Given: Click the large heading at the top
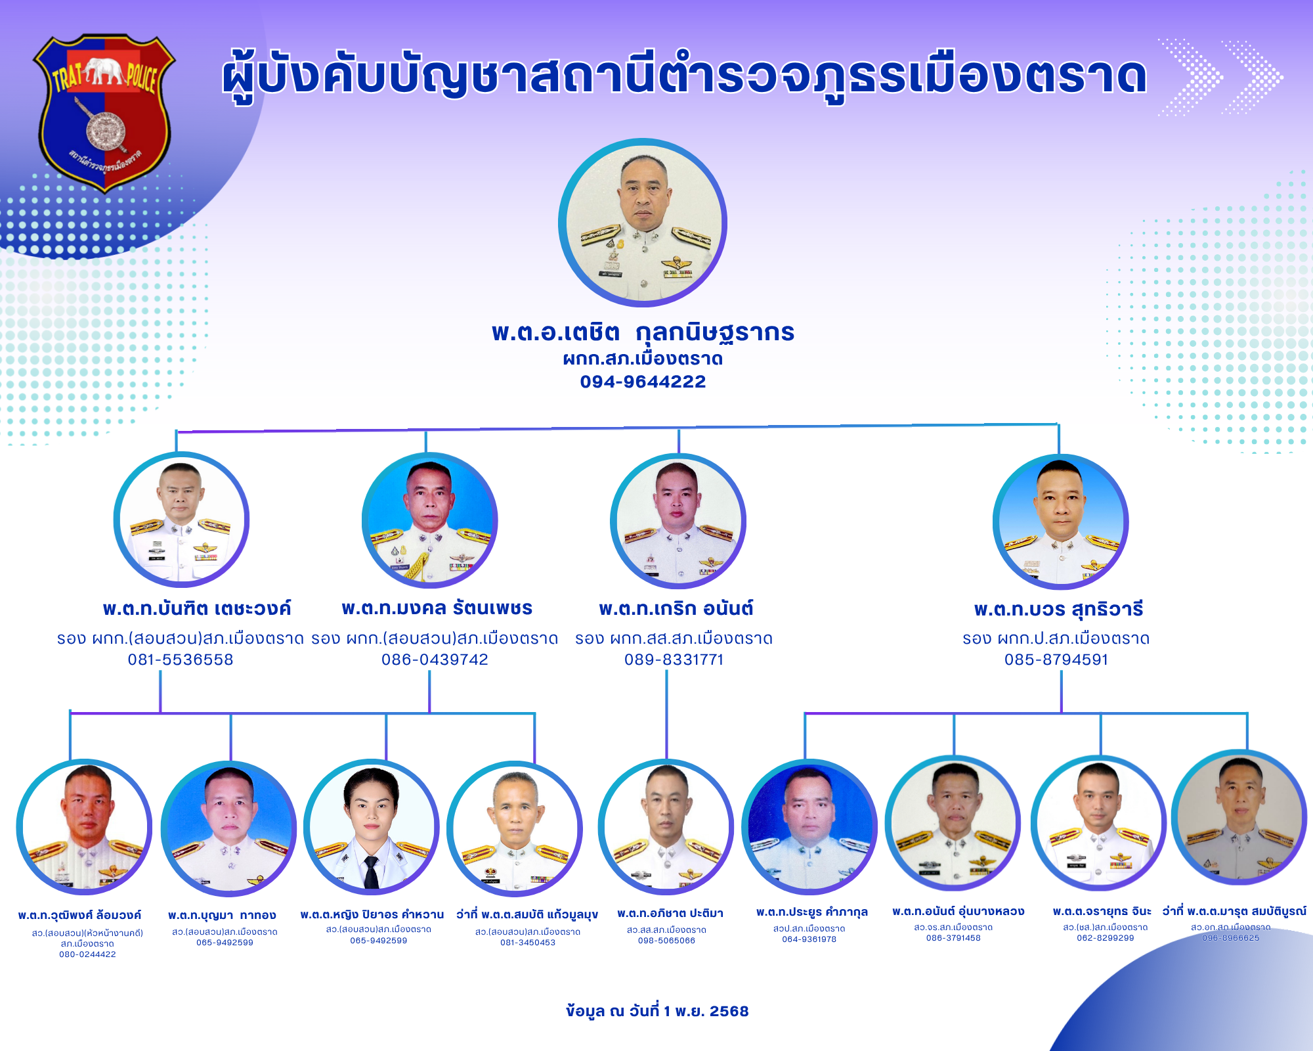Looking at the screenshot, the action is pyautogui.click(x=685, y=76).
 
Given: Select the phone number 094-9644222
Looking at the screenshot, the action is pyautogui.click(x=643, y=382).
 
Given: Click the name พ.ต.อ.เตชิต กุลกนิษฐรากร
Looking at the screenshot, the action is pyautogui.click(x=643, y=332).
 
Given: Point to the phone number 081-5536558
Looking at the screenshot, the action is pyautogui.click(x=181, y=660).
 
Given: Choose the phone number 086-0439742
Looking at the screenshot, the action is pyautogui.click(x=435, y=660).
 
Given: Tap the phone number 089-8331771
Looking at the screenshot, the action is pyautogui.click(x=674, y=660).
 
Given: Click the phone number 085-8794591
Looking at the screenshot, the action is pyautogui.click(x=1056, y=660).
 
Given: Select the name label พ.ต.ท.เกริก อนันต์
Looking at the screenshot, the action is pyautogui.click(x=676, y=608).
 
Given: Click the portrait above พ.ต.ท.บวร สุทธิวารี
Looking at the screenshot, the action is pyautogui.click(x=1060, y=522).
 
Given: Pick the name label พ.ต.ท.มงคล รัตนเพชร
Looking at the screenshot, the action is pyautogui.click(x=437, y=608).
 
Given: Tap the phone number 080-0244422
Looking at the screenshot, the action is pyautogui.click(x=87, y=954).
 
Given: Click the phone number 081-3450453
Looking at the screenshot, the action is pyautogui.click(x=528, y=943).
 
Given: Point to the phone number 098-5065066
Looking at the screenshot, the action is pyautogui.click(x=666, y=941).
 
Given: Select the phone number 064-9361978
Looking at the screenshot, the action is pyautogui.click(x=809, y=939).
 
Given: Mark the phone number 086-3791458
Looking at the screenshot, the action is pyautogui.click(x=953, y=938).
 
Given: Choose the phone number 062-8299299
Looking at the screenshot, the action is pyautogui.click(x=1106, y=938).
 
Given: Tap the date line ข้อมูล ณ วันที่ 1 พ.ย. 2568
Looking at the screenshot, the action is pyautogui.click(x=657, y=1011).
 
